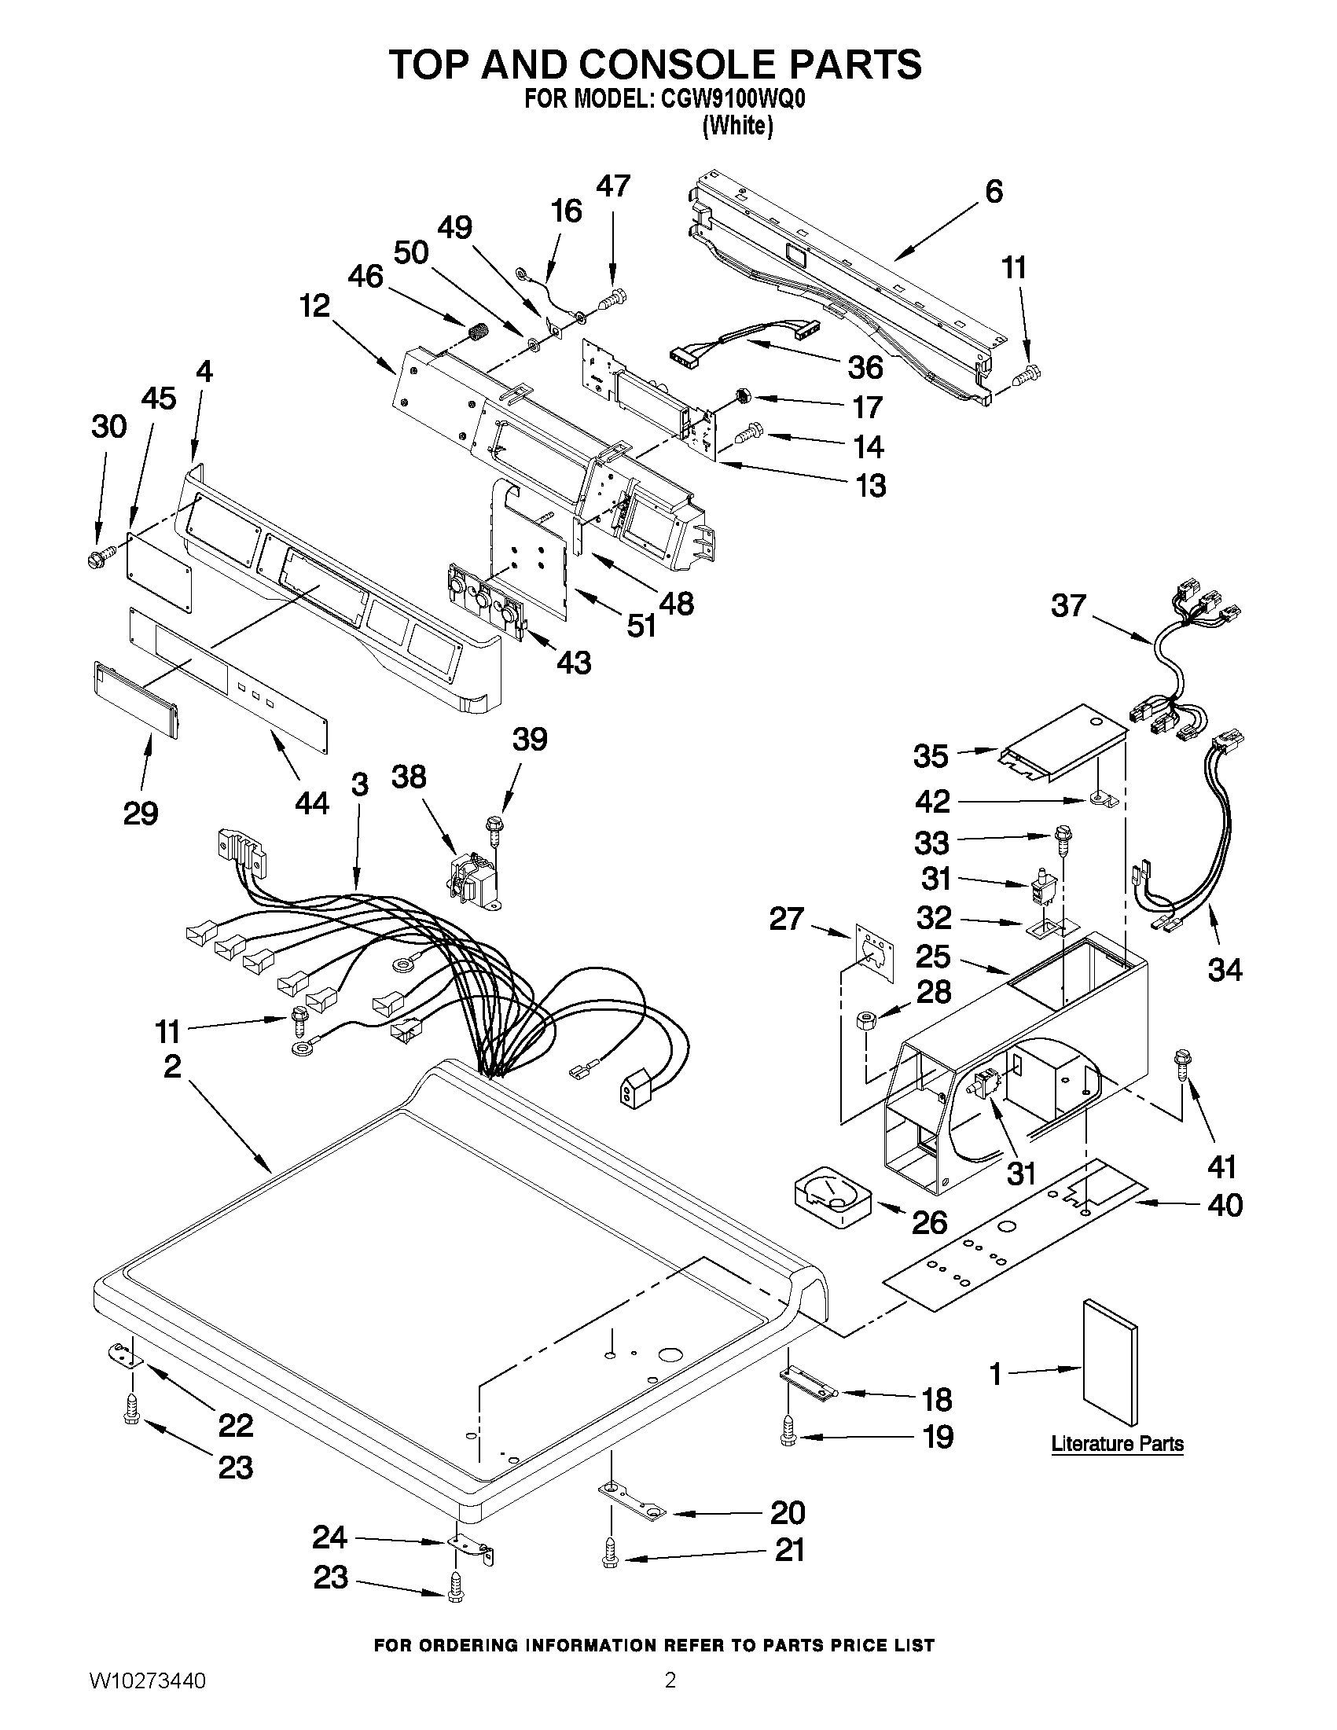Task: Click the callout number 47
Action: click(x=613, y=185)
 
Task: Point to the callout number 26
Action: click(x=930, y=1222)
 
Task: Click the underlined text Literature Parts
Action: click(x=1117, y=1443)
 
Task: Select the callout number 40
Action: click(x=1225, y=1205)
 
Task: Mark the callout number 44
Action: click(x=311, y=803)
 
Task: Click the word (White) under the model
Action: click(x=737, y=126)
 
